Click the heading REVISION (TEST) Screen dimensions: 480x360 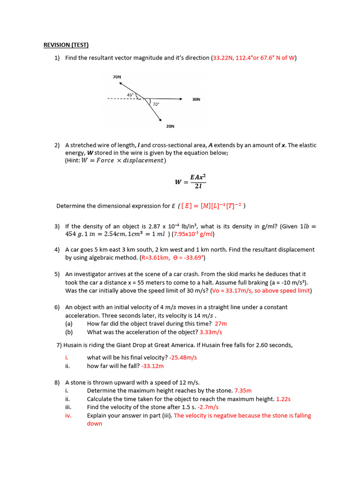coord(66,45)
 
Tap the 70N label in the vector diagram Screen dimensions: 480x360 coord(117,76)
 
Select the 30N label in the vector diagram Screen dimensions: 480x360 coord(196,99)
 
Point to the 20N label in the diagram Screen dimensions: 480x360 coord(170,126)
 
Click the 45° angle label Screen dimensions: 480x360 coord(130,95)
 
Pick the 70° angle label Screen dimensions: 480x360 coord(156,104)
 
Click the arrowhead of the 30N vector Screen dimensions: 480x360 coord(180,99)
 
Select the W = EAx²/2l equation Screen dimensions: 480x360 coord(191,181)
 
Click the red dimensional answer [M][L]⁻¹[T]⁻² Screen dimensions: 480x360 coord(221,206)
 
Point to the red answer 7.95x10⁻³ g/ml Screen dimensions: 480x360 coord(194,234)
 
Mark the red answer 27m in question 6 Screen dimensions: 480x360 coord(221,323)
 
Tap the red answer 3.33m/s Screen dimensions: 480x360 coord(210,332)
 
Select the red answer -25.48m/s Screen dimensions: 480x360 coord(183,357)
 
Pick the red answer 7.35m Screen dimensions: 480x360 coord(243,390)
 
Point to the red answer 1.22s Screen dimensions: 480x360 coord(283,399)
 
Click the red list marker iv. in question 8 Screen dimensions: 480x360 coord(68,415)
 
